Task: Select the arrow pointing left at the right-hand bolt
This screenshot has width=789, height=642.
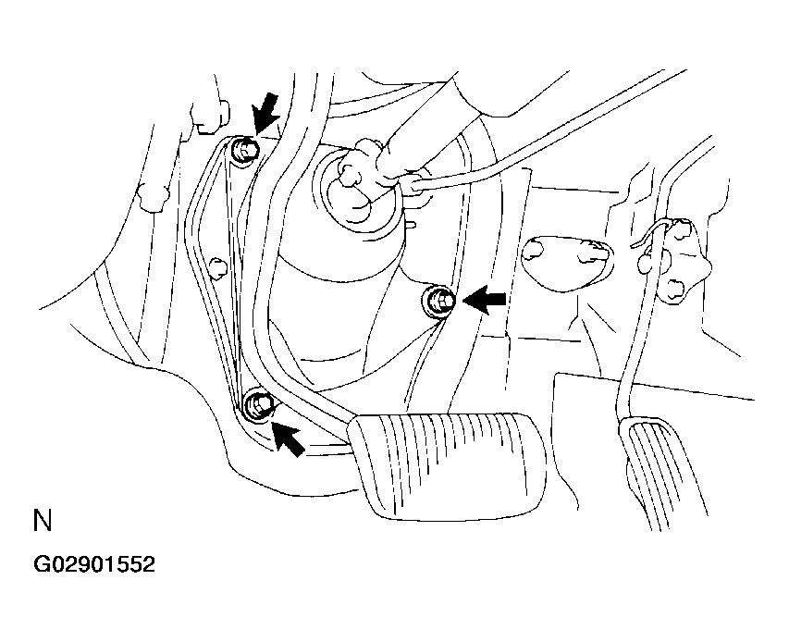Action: (485, 298)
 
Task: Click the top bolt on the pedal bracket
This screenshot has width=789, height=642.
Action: (244, 150)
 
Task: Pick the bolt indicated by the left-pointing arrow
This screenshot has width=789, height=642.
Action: (440, 300)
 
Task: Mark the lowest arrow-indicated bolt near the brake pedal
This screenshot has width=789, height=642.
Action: (258, 404)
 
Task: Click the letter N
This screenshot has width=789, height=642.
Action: (42, 521)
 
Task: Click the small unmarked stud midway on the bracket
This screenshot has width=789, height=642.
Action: (217, 269)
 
